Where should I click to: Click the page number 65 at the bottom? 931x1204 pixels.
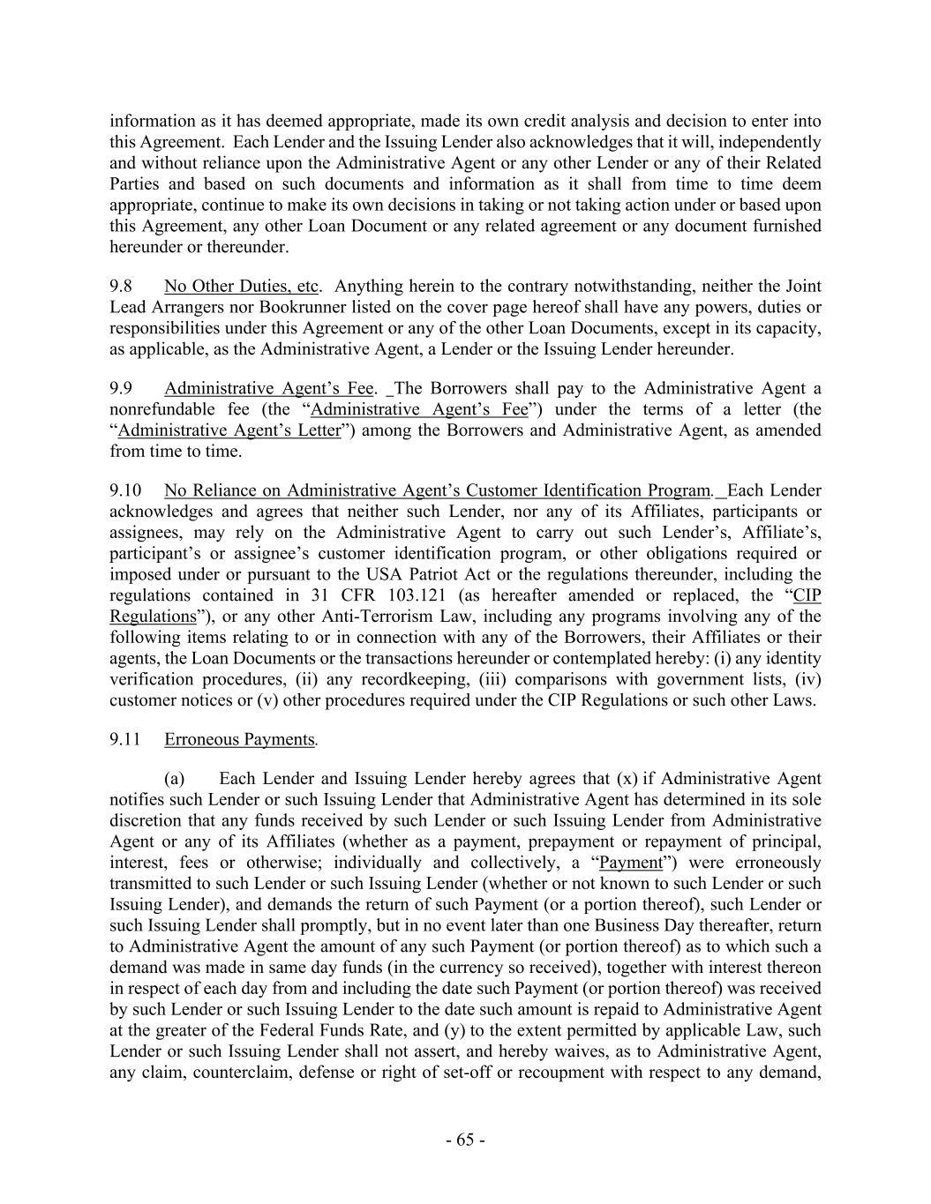click(465, 1140)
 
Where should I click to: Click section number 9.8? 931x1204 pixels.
click(121, 287)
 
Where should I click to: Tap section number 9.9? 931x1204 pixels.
click(121, 389)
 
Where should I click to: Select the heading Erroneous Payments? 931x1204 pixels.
click(239, 740)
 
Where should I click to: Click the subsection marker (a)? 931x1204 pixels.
click(175, 779)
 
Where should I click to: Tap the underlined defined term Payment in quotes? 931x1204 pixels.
click(630, 863)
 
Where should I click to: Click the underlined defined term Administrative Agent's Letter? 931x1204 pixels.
click(229, 430)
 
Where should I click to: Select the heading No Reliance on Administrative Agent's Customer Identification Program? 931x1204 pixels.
click(437, 490)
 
